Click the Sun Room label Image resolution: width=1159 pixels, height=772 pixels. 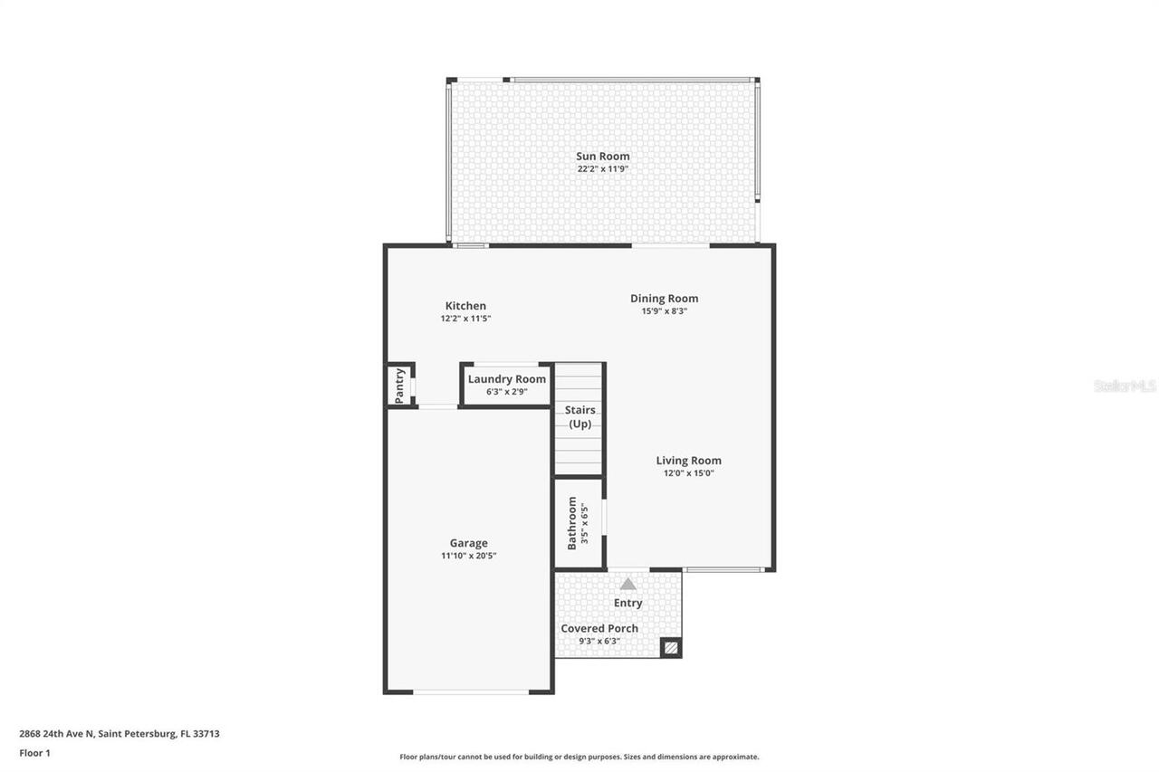(x=602, y=157)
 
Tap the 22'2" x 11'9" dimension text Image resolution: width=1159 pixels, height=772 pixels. (x=602, y=169)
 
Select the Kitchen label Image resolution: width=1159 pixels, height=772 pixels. (x=465, y=306)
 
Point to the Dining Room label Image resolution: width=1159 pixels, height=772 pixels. (x=664, y=299)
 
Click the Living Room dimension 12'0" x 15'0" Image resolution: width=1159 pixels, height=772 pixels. (x=688, y=472)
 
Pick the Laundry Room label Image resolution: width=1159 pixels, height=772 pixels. (x=506, y=379)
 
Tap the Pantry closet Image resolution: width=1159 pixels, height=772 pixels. (x=399, y=386)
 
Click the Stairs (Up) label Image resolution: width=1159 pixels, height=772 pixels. (x=579, y=417)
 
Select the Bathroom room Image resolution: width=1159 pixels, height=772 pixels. (x=579, y=523)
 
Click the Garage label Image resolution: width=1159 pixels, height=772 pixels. (x=468, y=543)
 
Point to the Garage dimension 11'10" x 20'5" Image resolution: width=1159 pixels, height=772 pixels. (x=468, y=556)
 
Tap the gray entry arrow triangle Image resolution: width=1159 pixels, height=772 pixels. (x=627, y=584)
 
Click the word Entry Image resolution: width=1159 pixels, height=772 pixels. (x=627, y=603)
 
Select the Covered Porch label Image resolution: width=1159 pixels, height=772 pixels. (x=599, y=628)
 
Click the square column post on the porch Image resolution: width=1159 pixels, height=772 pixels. (x=670, y=647)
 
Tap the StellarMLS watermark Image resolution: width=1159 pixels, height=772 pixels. (x=1125, y=386)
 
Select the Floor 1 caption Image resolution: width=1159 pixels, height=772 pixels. (x=34, y=752)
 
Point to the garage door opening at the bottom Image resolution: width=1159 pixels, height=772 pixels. (x=470, y=692)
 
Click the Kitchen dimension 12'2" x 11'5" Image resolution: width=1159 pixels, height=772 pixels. (x=465, y=319)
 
